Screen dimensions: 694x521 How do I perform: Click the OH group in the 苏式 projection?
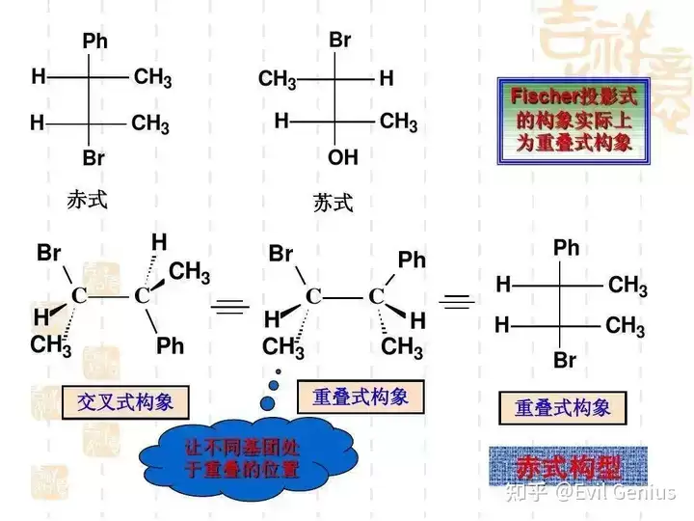[343, 157]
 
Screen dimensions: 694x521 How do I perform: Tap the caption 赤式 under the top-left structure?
[87, 200]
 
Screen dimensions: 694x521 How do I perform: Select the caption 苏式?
[333, 204]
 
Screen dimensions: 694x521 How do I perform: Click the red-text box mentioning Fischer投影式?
[574, 121]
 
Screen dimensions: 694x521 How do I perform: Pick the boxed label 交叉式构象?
[125, 402]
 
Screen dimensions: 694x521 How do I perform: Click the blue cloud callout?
[248, 457]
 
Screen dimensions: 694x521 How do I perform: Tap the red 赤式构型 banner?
[569, 467]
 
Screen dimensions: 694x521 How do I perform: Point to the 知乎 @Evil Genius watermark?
[591, 492]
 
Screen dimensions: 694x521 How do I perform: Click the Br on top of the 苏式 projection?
[340, 40]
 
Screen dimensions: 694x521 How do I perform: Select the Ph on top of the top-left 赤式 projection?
[95, 41]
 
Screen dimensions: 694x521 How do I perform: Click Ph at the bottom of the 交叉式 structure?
[171, 345]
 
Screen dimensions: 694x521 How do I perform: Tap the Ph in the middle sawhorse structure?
[412, 260]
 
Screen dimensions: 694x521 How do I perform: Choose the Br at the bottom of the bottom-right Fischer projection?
[565, 360]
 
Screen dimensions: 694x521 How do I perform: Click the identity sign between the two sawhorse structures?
[230, 306]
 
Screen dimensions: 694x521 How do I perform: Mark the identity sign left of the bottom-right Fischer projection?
[457, 302]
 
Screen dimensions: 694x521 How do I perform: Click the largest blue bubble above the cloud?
[267, 403]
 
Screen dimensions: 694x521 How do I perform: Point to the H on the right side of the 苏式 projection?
[387, 78]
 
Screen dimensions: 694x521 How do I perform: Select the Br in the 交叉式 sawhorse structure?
[49, 253]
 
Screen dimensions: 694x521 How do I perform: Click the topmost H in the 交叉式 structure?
[159, 242]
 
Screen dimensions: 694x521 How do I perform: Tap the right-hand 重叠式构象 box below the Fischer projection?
[563, 408]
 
